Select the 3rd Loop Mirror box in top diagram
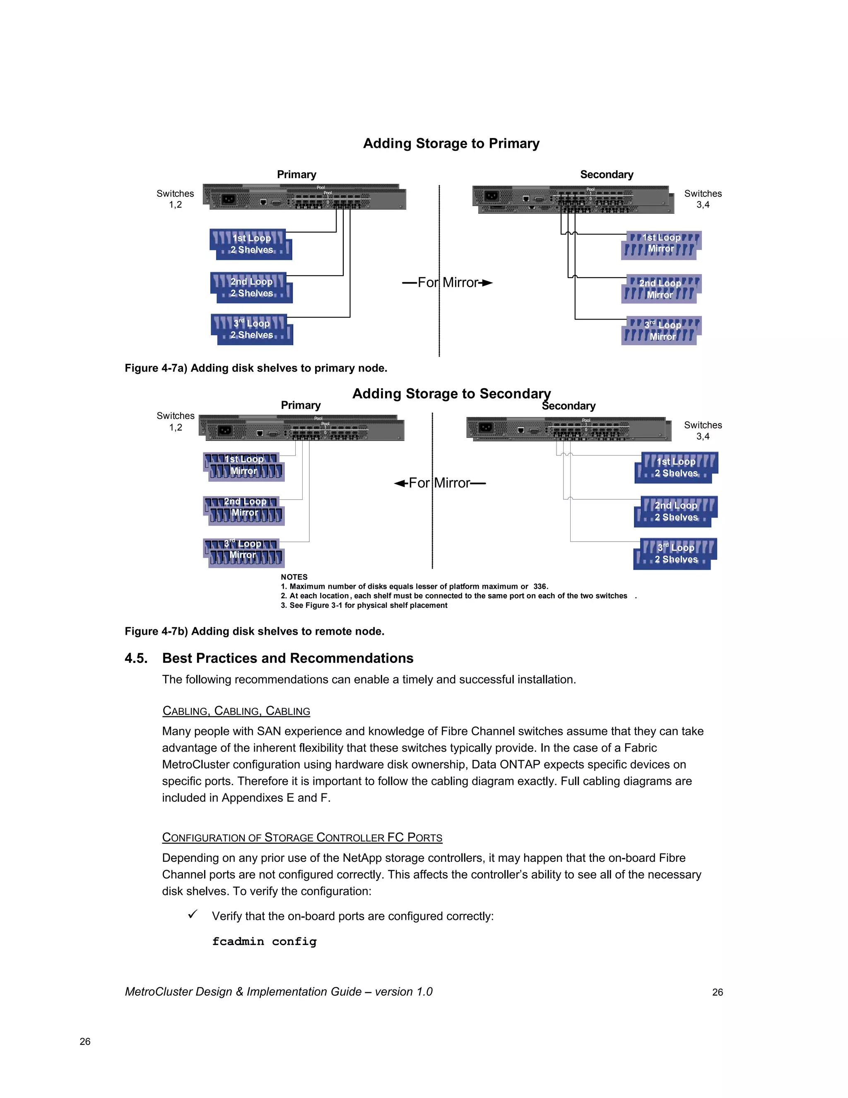coord(661,330)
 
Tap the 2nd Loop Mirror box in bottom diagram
coord(244,510)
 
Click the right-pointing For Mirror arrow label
coord(447,283)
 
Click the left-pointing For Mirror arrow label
coord(440,483)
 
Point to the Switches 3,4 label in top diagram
coord(702,199)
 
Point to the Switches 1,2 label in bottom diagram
coord(175,421)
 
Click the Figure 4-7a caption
coord(256,368)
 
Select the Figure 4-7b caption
coord(254,631)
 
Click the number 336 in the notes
coord(540,586)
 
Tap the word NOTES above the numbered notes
coord(294,577)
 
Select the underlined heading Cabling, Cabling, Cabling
coord(236,711)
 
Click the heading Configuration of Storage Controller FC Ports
coord(302,837)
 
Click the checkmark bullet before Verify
coord(193,914)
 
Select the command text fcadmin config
coord(264,942)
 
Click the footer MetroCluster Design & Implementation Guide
coord(278,992)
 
